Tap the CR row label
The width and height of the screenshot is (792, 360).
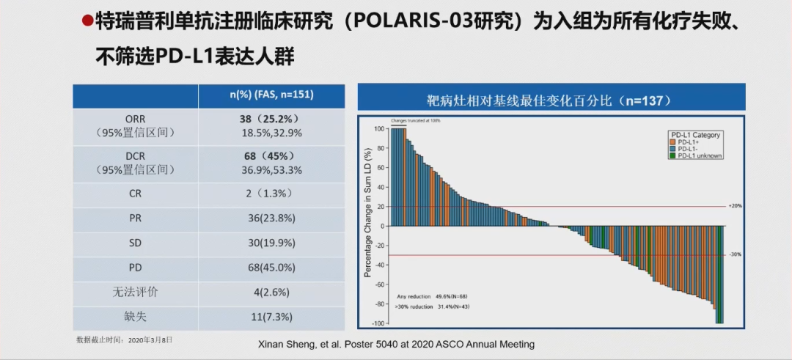coord(135,193)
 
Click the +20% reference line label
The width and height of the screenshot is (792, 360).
coord(735,206)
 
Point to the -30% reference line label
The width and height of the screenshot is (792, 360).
coord(735,254)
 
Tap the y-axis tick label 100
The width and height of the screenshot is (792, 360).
coord(379,128)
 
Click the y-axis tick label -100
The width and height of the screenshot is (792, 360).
coord(378,323)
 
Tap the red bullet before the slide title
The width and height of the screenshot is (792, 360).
coord(86,21)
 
